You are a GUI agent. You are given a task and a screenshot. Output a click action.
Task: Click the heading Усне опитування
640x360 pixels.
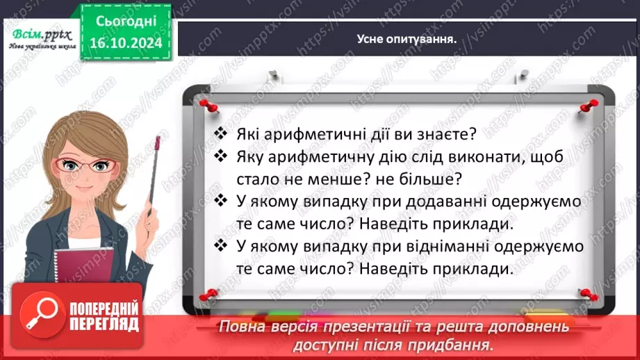click(x=407, y=40)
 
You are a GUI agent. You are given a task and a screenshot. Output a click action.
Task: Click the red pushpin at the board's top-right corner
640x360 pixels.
click(x=590, y=106)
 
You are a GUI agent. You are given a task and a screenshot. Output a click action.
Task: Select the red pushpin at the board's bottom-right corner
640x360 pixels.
click(x=587, y=294)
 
